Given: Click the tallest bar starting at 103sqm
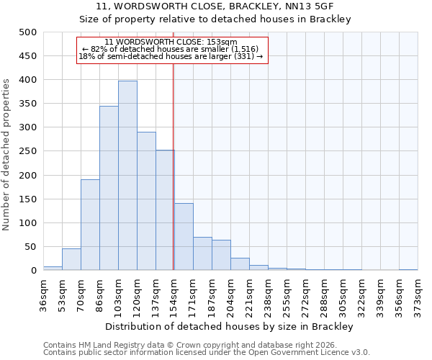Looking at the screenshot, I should (x=127, y=176).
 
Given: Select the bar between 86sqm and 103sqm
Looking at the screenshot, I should (x=109, y=188).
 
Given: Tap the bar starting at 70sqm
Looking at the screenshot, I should (x=90, y=225).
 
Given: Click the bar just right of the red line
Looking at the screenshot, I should (x=184, y=237).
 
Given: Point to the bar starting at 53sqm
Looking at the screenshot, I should (x=71, y=259).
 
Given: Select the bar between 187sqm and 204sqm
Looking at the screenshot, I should (x=221, y=255).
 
